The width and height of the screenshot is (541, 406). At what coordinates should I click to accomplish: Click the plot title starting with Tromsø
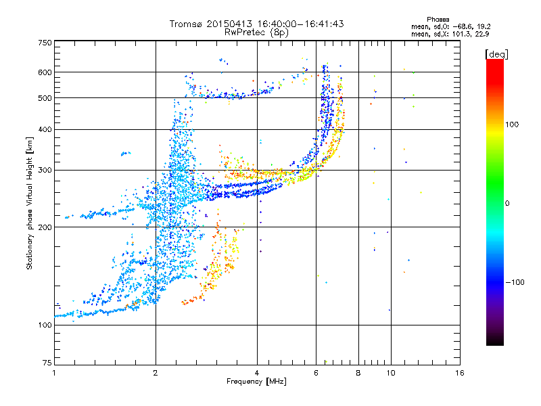coord(256,24)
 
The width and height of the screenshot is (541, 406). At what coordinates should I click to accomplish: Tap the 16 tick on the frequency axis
coord(460,373)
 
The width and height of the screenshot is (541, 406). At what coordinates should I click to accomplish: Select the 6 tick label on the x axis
coord(316,373)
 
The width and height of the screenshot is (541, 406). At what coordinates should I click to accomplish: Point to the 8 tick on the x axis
coord(358,373)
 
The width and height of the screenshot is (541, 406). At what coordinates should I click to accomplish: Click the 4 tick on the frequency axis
coord(257,373)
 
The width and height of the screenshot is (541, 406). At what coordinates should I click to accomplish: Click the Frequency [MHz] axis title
coord(256,382)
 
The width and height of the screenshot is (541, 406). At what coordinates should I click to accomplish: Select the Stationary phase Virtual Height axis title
coord(30,203)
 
